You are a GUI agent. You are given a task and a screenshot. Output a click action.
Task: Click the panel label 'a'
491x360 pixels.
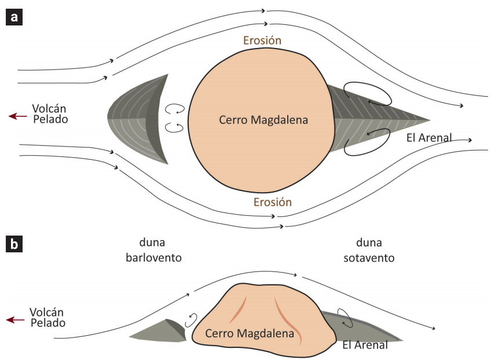pos(14,17)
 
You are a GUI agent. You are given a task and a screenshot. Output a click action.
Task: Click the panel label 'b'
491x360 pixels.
pos(14,244)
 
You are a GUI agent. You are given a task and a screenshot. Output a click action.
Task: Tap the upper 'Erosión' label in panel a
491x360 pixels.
pos(262,41)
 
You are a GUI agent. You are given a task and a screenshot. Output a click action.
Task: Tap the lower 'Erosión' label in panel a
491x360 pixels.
pos(273,203)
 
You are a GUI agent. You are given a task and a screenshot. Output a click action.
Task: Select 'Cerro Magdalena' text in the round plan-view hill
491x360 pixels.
pos(263,120)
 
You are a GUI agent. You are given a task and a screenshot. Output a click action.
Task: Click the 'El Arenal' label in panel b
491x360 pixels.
pos(365,346)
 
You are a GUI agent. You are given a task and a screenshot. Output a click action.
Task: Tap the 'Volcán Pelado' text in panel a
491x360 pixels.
pos(50,113)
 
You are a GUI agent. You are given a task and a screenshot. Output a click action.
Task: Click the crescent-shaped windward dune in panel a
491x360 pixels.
pos(139,119)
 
